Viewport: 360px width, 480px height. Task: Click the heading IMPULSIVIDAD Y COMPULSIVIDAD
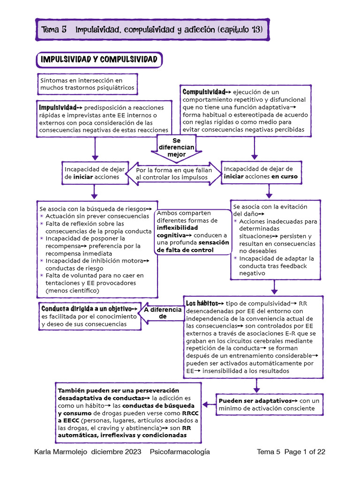[99, 60]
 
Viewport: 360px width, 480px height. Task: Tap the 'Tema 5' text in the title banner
[54, 30]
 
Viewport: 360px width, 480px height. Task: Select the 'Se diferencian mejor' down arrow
[176, 148]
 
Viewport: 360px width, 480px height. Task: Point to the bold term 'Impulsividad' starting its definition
[58, 107]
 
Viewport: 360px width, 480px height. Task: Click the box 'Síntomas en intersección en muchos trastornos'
[87, 84]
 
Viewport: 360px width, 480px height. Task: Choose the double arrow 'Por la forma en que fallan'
[174, 173]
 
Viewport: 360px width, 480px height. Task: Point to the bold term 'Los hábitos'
[202, 303]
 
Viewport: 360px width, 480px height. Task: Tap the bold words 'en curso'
[284, 176]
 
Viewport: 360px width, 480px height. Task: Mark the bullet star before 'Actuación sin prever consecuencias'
[42, 216]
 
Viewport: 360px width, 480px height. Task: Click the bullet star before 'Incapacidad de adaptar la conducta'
[235, 258]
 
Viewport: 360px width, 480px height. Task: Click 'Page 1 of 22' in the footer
[304, 452]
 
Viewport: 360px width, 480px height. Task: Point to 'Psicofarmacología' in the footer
[180, 452]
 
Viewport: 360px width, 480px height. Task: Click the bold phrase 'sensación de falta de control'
[193, 246]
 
